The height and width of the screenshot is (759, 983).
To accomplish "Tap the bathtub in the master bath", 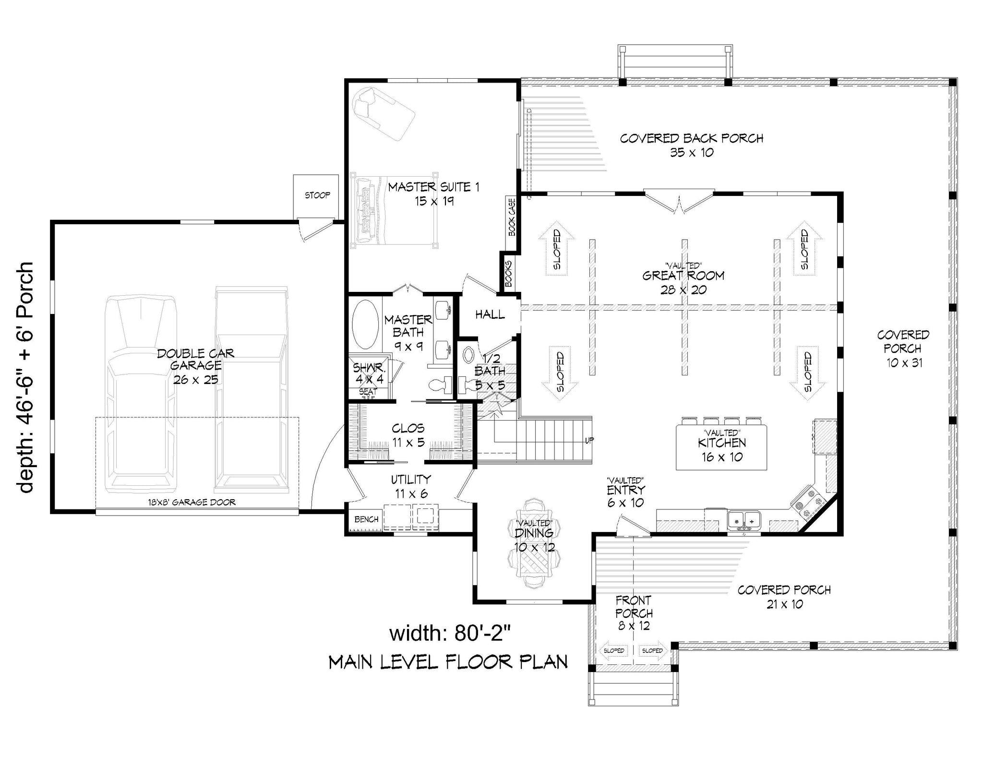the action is click(x=365, y=325).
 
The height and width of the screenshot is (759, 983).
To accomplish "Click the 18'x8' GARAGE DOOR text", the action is click(x=192, y=503).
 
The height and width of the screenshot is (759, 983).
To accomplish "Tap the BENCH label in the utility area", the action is click(x=367, y=519).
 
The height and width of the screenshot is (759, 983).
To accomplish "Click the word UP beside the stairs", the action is click(x=589, y=440).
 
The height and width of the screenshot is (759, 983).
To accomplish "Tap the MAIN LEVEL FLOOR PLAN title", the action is click(x=448, y=662).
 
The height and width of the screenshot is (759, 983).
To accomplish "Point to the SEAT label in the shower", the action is click(x=368, y=392).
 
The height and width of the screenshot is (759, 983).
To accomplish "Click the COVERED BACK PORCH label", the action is click(x=692, y=145).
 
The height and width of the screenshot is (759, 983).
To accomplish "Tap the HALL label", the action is click(x=490, y=314).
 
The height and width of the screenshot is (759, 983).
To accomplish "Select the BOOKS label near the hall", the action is click(x=508, y=274).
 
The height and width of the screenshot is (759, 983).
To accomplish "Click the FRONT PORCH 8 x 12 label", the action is click(x=634, y=613).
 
